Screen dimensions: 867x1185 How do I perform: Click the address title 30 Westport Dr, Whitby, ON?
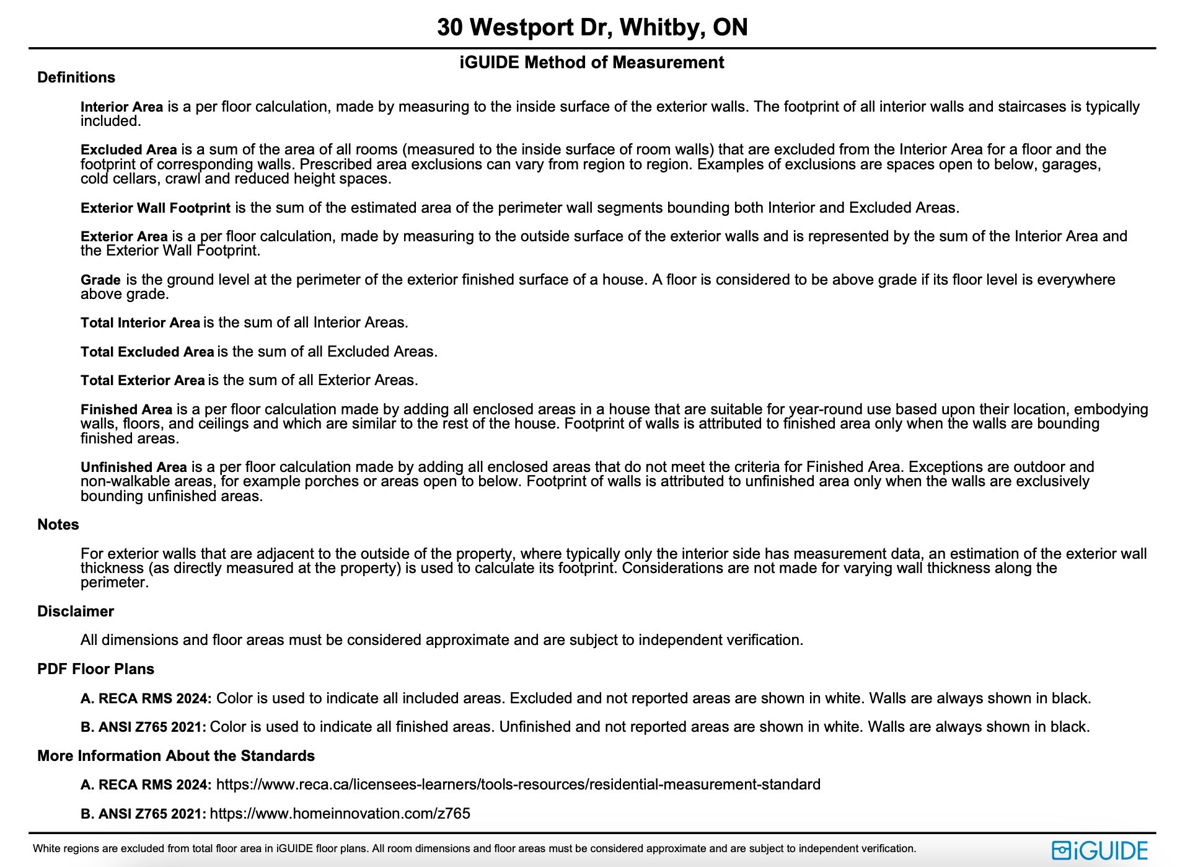592,27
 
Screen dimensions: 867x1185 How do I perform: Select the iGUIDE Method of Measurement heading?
592,63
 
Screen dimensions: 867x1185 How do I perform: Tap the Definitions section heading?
76,78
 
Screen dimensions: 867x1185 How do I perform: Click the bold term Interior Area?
121,107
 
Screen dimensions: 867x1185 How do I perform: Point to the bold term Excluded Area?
128,150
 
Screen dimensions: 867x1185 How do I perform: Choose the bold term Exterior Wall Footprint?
155,208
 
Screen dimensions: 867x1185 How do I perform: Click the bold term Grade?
100,280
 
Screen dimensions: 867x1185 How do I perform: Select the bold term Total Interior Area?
140,323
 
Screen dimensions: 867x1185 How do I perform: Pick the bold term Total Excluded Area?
147,352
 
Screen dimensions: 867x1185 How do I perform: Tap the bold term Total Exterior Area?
143,381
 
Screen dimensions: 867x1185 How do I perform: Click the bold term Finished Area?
126,410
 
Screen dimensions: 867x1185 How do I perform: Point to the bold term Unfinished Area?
133,467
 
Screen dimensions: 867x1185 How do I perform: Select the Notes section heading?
58,525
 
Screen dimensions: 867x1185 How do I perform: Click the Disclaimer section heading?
76,611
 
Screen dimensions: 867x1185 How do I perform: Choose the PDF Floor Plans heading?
95,669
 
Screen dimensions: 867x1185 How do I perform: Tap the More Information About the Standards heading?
176,756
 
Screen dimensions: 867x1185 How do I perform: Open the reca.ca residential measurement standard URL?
518,785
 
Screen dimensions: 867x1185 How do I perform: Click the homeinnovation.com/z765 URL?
340,814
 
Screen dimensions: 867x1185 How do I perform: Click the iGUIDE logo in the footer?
1100,850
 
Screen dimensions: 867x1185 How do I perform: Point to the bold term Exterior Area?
124,237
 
